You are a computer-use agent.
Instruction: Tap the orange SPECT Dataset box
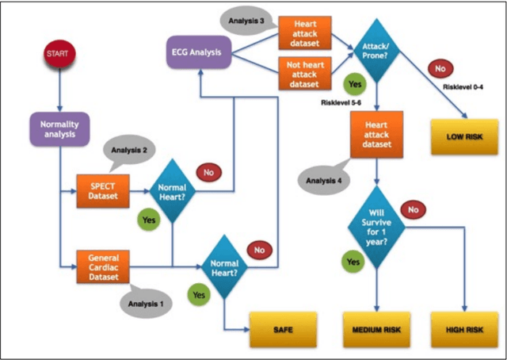[x=102, y=186]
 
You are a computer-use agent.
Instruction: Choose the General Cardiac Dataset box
[x=102, y=265]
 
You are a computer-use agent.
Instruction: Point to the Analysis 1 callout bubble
[x=145, y=301]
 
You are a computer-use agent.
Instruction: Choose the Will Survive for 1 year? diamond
[x=376, y=228]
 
